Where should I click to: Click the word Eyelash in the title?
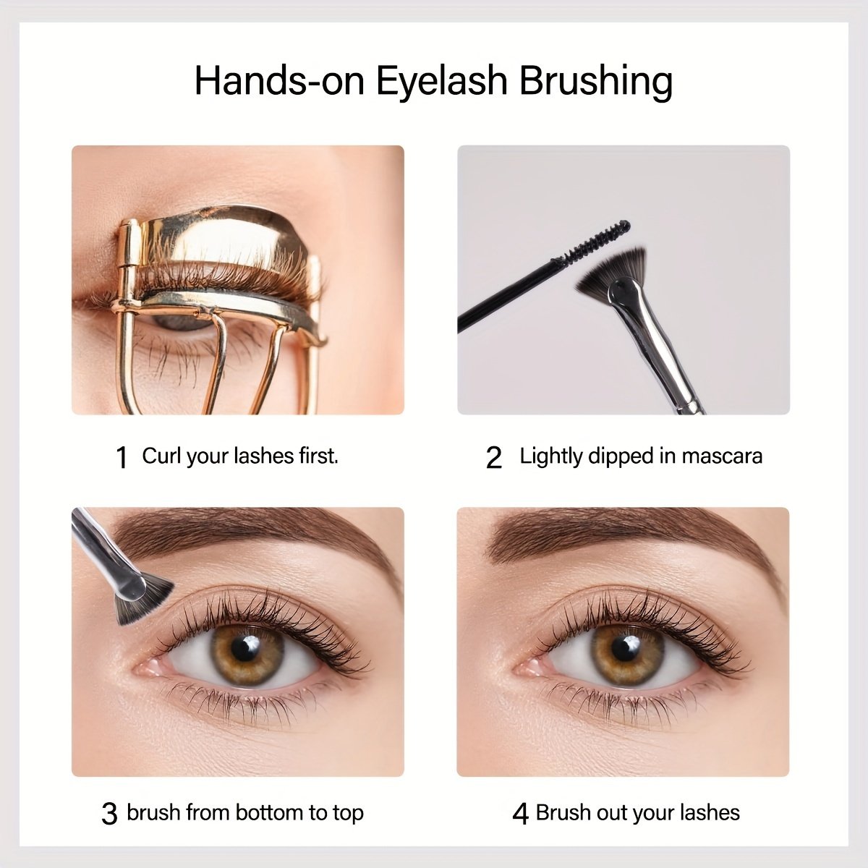[442, 82]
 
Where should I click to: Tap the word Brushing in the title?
[596, 82]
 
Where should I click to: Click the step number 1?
[122, 458]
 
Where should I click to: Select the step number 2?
[494, 458]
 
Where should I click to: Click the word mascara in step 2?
[722, 456]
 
